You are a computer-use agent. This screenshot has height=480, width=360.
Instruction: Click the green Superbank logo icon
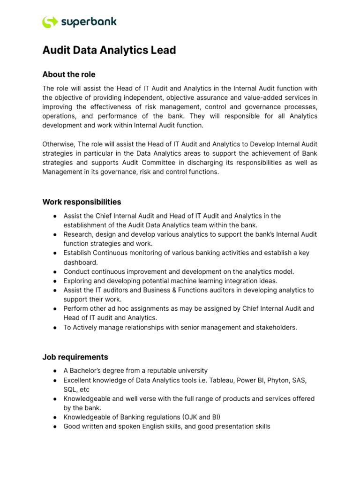50,22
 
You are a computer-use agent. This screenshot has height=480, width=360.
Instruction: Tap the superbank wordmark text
89,22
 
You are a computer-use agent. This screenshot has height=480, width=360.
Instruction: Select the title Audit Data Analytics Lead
109,50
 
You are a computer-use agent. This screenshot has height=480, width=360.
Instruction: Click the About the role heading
69,75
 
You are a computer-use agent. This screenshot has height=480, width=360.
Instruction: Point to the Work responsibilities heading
82,202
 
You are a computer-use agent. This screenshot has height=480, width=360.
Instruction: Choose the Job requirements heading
75,357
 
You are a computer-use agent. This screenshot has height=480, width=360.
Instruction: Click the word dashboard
80,262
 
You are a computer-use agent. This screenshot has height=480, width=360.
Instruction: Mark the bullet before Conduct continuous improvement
55,272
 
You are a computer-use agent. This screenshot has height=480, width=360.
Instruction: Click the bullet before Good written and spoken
55,427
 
